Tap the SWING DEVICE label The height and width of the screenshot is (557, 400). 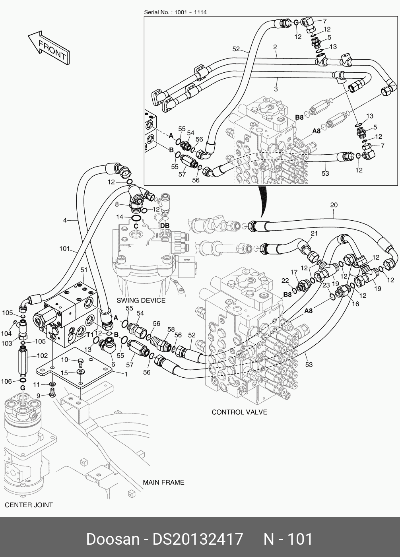coord(141,301)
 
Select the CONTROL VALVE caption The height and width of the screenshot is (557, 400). coord(239,412)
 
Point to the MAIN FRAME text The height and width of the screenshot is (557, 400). coord(163,482)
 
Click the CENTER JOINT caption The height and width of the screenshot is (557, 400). coord(29,505)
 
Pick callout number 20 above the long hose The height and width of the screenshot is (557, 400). coord(334,205)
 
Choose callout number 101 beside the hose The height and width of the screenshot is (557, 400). coord(65,248)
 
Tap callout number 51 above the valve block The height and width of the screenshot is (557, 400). coord(84,270)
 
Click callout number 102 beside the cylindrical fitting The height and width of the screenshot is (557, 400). coord(42,355)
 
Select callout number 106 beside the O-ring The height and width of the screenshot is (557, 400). coord(6,381)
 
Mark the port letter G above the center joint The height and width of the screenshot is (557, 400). coord(23,388)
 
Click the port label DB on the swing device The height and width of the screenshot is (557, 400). coord(165,225)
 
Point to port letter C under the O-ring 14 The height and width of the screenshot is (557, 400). coord(136,226)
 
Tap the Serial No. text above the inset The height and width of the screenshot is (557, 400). coord(175,12)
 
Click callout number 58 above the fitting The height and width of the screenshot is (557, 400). coord(171,330)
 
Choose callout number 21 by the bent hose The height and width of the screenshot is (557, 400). coord(315,233)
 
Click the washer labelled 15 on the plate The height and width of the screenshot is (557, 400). coord(80,371)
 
